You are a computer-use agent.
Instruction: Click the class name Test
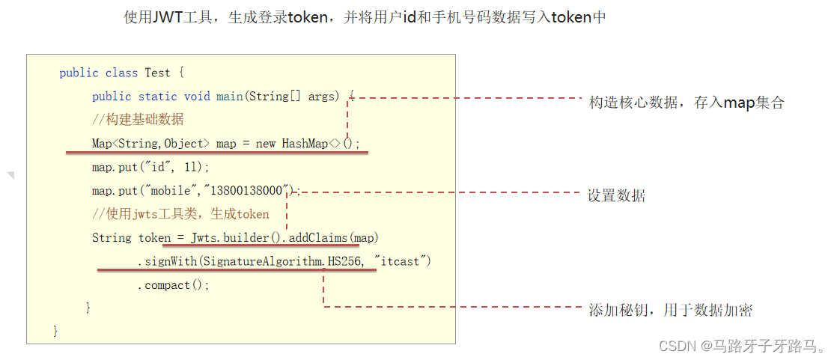pos(157,73)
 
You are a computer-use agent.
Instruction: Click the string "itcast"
pos(404,261)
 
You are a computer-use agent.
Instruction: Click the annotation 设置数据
pos(616,196)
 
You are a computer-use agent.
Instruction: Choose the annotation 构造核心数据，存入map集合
pos(686,103)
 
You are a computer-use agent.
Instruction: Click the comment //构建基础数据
pos(138,120)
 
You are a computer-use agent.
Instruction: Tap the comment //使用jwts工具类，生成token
pos(180,215)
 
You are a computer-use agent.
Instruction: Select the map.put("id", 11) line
pos(151,167)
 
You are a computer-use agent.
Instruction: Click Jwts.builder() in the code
pos(234,238)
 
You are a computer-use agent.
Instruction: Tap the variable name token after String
pos(154,238)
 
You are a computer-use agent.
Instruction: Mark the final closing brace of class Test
pos(55,331)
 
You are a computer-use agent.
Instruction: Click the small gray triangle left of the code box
pos(10,174)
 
